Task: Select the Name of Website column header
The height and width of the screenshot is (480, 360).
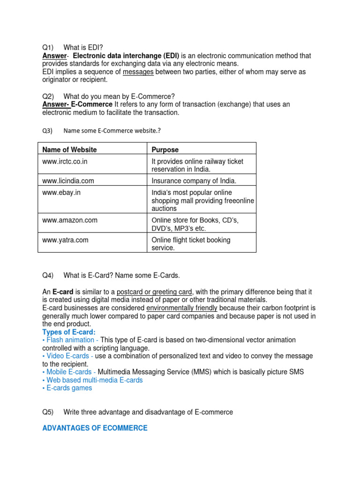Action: click(x=69, y=150)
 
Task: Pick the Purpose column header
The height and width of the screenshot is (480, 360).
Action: click(x=165, y=150)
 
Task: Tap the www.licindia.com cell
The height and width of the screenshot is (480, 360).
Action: click(x=68, y=180)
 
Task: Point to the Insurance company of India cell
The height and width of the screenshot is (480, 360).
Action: click(x=194, y=180)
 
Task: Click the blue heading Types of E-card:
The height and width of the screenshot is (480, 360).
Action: click(x=68, y=332)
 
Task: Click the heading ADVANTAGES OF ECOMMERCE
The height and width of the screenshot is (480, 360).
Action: click(x=95, y=428)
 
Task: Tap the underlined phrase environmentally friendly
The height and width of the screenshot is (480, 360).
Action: click(x=181, y=308)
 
